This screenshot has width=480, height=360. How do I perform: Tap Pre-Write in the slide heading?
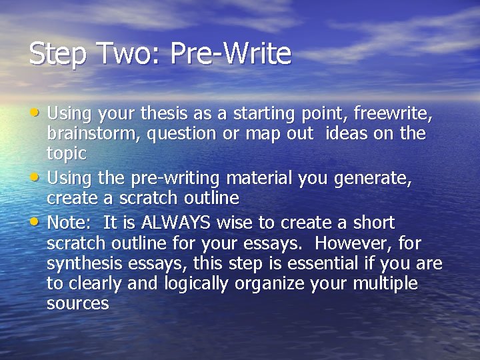click(231, 53)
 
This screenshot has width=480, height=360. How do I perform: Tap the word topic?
click(67, 153)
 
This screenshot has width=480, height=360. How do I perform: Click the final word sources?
click(77, 303)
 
